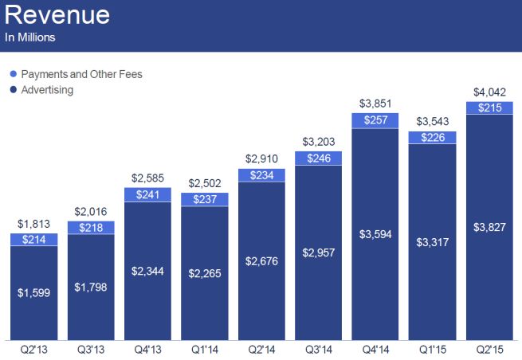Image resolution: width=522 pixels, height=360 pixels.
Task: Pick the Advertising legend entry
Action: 47,90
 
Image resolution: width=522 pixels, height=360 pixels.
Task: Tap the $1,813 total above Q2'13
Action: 33,224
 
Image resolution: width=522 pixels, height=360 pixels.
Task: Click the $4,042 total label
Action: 489,92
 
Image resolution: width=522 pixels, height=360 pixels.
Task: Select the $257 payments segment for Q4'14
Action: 375,119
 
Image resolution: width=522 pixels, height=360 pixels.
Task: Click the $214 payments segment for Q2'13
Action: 33,239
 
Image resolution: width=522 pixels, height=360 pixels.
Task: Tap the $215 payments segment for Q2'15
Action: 489,108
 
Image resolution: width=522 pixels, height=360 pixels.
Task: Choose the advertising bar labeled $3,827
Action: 489,227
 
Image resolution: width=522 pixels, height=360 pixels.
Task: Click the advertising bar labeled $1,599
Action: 33,292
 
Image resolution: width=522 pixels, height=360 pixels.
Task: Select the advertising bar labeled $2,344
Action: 147,271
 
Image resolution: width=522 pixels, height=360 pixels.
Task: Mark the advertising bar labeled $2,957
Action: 319,252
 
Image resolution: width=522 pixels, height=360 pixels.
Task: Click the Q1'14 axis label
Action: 205,350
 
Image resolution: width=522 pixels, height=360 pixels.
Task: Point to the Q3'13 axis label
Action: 91,350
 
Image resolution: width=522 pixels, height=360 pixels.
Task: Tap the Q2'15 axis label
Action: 489,350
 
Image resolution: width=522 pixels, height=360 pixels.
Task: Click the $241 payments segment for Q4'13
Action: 147,194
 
